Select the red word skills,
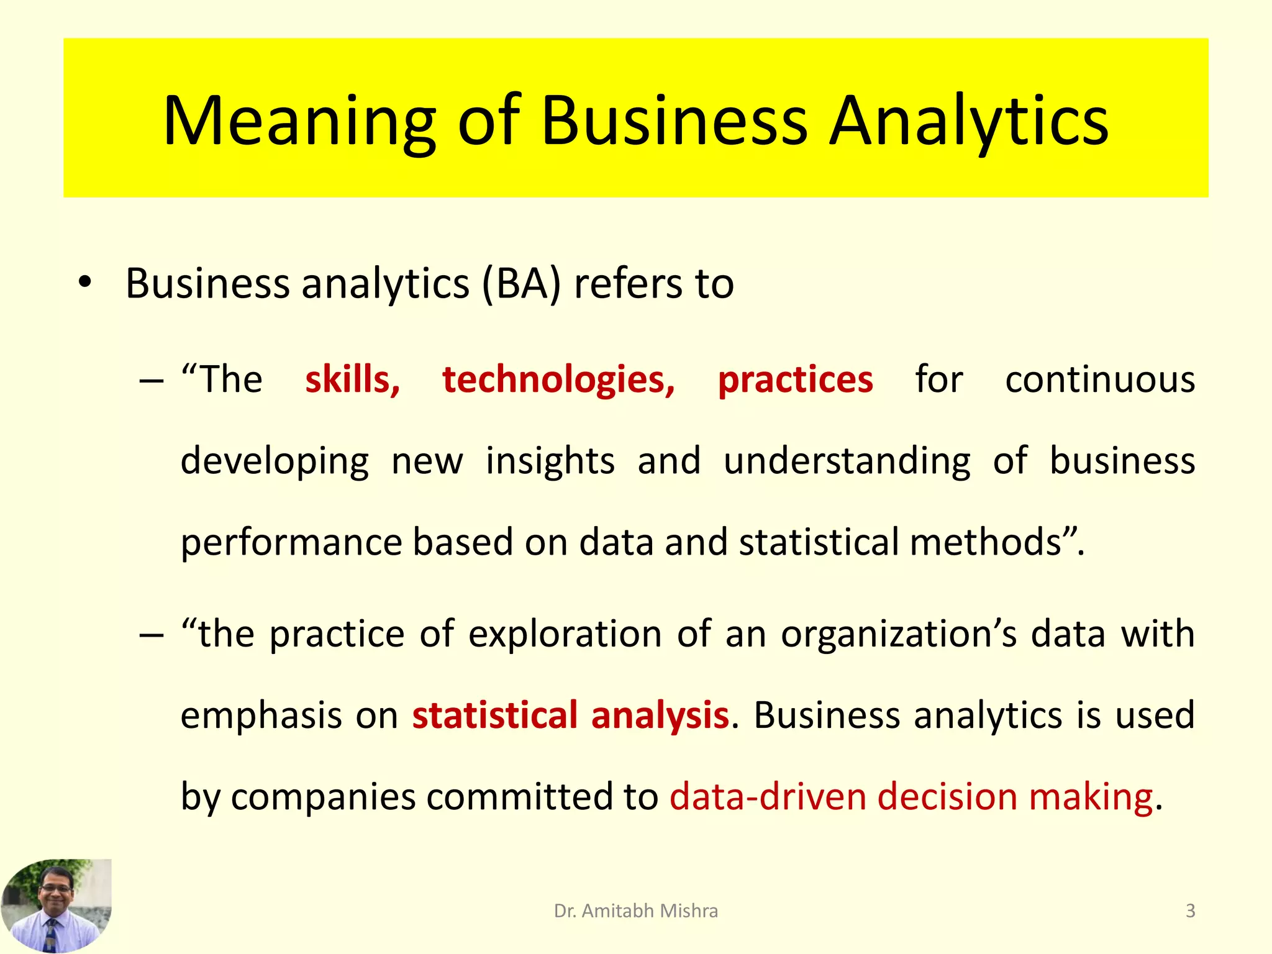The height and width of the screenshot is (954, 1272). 352,379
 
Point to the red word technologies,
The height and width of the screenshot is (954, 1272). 558,379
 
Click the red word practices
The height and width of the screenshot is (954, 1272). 795,379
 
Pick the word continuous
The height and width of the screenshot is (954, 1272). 1100,379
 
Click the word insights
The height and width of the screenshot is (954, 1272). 550,461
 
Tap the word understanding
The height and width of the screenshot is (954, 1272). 847,461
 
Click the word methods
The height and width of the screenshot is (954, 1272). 987,542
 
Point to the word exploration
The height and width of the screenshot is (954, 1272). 565,634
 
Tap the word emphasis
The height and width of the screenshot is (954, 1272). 261,715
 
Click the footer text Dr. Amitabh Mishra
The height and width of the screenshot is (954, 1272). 635,911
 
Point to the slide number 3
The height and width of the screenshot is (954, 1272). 1190,911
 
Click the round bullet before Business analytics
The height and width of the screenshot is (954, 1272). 85,283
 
